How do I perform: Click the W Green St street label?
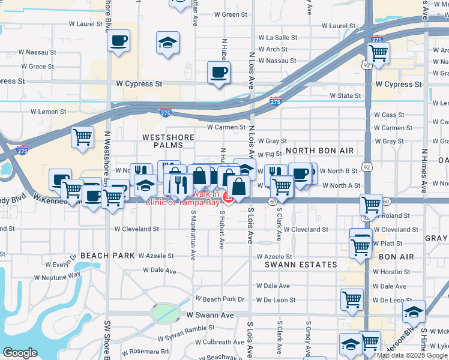click(x=222, y=14)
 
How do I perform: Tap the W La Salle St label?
click(x=278, y=37)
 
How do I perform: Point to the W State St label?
click(x=345, y=95)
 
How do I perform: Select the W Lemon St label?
click(x=48, y=112)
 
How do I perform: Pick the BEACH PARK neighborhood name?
click(x=107, y=256)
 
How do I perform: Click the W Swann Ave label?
click(x=209, y=314)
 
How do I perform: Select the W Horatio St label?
click(x=391, y=271)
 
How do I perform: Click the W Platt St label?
click(x=387, y=243)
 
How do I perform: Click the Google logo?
click(x=20, y=353)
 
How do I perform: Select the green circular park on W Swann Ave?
click(x=163, y=312)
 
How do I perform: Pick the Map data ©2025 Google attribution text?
click(x=412, y=355)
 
